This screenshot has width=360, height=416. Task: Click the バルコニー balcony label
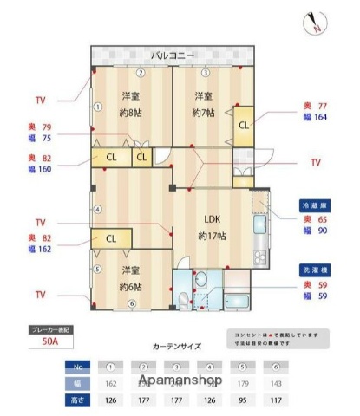173,55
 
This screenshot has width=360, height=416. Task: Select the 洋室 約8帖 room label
131,104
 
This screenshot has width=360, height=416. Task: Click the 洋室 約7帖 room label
205,104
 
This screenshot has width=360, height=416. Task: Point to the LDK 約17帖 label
213,227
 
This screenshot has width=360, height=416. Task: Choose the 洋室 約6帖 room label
131,278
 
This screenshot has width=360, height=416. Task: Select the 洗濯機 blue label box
316,270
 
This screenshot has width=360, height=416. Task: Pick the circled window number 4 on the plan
98,209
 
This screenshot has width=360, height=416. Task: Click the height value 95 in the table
242,400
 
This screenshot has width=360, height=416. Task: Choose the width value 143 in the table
275,382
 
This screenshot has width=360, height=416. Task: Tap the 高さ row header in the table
79,400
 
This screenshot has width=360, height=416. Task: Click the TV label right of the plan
315,162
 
